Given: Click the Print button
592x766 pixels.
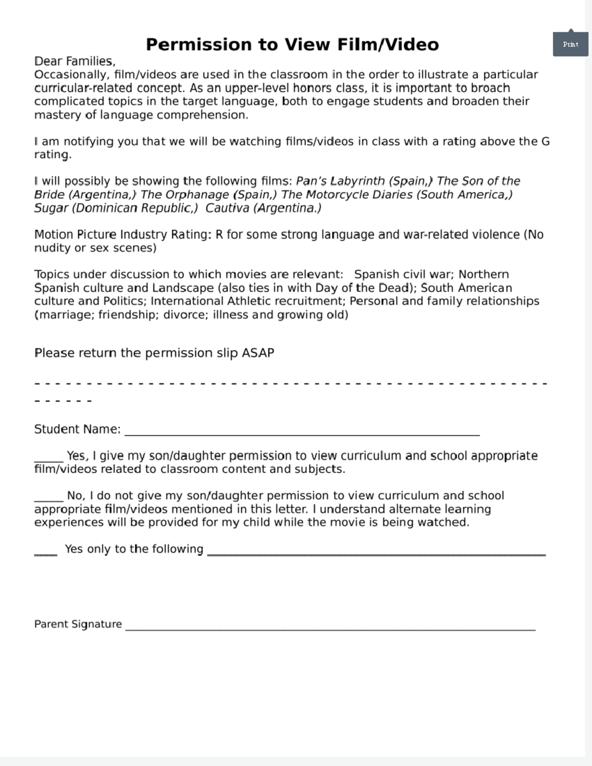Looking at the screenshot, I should pyautogui.click(x=570, y=44).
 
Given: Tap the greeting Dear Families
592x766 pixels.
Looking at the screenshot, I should pyautogui.click(x=74, y=61).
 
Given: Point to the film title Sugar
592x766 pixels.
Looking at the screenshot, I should pyautogui.click(x=51, y=208).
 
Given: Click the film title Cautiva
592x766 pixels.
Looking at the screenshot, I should pyautogui.click(x=227, y=208).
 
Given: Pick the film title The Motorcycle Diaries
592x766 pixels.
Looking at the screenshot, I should pyautogui.click(x=347, y=195).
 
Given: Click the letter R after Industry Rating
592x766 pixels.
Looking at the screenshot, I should pyautogui.click(x=219, y=235).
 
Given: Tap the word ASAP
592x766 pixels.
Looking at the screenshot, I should pyautogui.click(x=258, y=353).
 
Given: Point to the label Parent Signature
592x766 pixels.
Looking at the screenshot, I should pyautogui.click(x=78, y=624).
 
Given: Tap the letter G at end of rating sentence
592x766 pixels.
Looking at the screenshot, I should pyautogui.click(x=545, y=142).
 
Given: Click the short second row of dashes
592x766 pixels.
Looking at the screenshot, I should pyautogui.click(x=63, y=401).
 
